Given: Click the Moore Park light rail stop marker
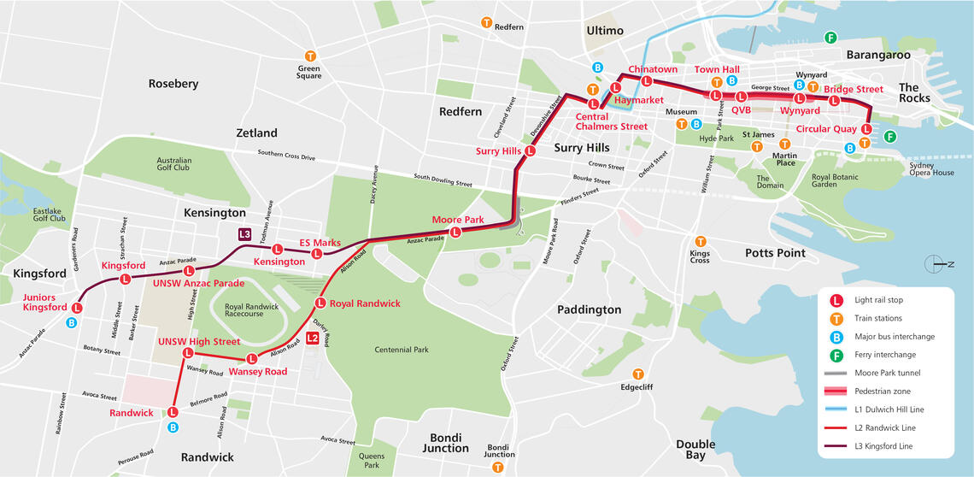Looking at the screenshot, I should coord(455,231).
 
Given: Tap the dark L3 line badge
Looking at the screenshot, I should coord(245,234).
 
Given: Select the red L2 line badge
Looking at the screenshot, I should coord(313,338).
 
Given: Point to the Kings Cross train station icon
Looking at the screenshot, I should coord(700,242).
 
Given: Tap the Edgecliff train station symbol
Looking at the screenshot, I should coord(638,374).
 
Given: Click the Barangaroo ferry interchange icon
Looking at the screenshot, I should coord(830,37).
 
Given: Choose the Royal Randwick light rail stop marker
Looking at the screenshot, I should coord(320,303).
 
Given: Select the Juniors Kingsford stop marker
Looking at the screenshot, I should coord(77,307).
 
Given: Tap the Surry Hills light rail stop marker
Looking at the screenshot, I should coord(530,150).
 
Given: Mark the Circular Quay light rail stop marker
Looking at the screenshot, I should coord(866,129).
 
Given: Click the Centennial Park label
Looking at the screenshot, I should coord(402,350).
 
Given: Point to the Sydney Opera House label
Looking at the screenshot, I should coord(931,169).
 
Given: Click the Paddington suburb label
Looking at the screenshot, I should coord(589,309).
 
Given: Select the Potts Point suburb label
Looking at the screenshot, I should coord(775,253).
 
